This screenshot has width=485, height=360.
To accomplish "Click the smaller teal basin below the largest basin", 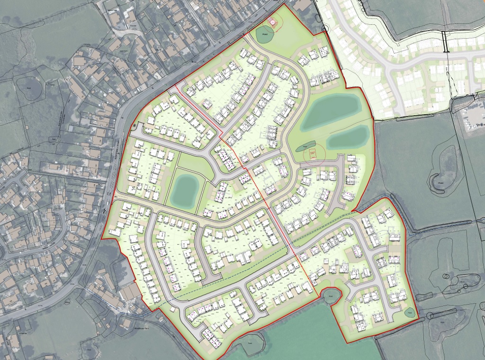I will [x=347, y=136].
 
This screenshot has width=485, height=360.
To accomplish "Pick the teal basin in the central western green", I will [x=184, y=189].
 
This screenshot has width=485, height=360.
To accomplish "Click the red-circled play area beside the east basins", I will [x=313, y=153].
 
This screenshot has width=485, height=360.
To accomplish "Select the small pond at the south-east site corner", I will [x=409, y=312].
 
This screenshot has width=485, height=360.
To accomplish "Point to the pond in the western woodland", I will [x=30, y=88].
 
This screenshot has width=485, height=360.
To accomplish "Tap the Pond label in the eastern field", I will [x=440, y=183].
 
